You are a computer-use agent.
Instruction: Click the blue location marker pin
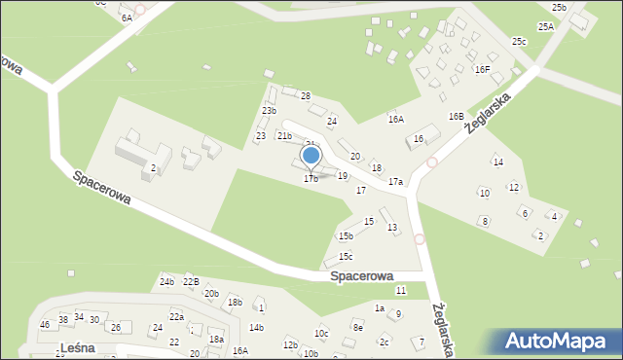pyautogui.click(x=311, y=156)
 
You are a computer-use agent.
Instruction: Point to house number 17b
pyautogui.click(x=311, y=179)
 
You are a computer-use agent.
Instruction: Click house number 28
pyautogui.click(x=305, y=96)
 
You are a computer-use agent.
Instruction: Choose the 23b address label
pyautogui.click(x=269, y=111)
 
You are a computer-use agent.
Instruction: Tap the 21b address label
pyautogui.click(x=284, y=136)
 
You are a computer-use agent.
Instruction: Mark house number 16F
pyautogui.click(x=482, y=70)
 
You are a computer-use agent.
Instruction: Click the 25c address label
pyautogui.click(x=520, y=42)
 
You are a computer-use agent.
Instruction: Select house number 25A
pyautogui.click(x=546, y=27)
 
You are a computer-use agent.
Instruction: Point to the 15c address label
pyautogui.click(x=345, y=257)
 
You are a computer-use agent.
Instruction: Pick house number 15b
pyautogui.click(x=346, y=235)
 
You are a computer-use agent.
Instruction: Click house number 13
pyautogui.click(x=392, y=228)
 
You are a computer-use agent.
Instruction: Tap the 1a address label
pyautogui.click(x=380, y=307)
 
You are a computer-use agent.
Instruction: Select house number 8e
pyautogui.click(x=357, y=328)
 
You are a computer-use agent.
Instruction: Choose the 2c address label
pyautogui.click(x=385, y=342)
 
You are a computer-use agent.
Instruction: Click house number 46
pyautogui.click(x=44, y=324)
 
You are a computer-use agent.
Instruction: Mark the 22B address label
pyautogui.click(x=191, y=282)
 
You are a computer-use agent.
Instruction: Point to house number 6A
pyautogui.click(x=127, y=18)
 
